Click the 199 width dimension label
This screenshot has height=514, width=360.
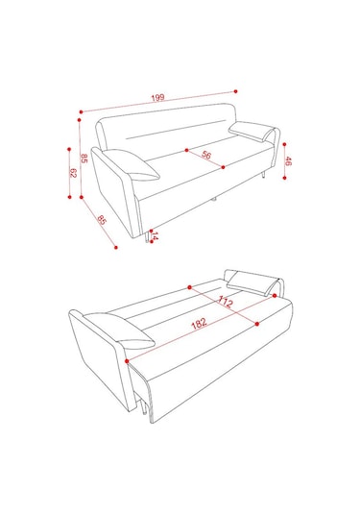[157, 98]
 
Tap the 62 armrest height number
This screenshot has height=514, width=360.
[73, 173]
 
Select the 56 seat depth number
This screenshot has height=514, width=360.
[206, 155]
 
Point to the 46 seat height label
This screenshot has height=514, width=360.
[288, 161]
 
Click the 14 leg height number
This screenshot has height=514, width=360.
[155, 236]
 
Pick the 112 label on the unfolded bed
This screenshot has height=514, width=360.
[226, 302]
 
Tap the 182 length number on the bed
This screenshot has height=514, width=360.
[199, 323]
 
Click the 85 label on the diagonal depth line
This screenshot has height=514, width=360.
[102, 220]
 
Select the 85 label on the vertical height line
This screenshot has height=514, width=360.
[84, 159]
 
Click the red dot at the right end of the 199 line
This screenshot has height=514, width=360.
[235, 91]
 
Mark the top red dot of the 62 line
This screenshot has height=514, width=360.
[69, 149]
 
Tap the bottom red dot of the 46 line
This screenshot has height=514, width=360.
[285, 178]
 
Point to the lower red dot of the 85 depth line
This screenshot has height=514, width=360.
[115, 247]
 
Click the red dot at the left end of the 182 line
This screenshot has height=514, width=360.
[127, 361]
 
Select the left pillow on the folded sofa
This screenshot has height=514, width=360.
[132, 164]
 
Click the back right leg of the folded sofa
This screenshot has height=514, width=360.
[263, 175]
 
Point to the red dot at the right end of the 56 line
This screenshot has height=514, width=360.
[223, 167]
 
